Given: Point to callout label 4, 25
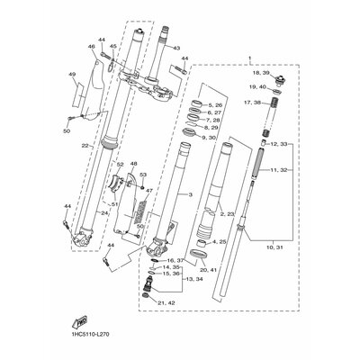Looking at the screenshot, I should pos(220,243).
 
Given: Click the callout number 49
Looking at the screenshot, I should pos(72,76).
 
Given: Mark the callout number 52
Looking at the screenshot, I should pos(119,166).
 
